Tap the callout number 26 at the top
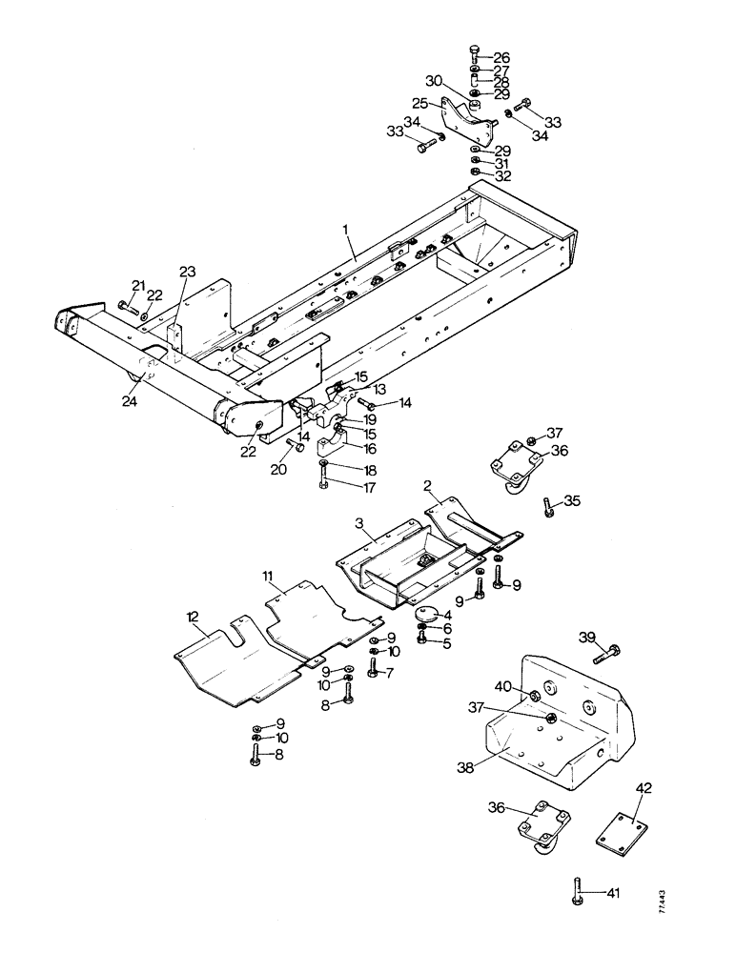pos(501,58)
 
